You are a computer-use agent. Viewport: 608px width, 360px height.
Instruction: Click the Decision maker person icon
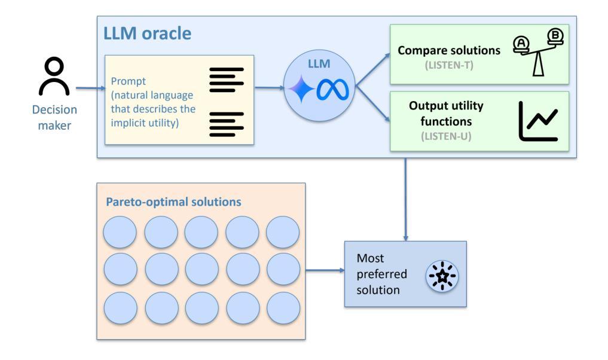(54, 76)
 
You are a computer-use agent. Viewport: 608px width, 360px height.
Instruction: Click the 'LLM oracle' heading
(147, 33)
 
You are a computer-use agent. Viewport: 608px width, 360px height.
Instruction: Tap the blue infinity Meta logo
(332, 90)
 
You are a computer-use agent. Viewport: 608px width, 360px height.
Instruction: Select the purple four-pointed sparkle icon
(301, 89)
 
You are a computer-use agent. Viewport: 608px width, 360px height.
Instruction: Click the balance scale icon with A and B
(538, 53)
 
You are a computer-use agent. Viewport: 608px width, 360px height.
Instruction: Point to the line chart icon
(538, 121)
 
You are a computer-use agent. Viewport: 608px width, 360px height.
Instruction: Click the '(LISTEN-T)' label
(449, 65)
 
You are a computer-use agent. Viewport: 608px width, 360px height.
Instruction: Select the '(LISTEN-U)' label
(446, 136)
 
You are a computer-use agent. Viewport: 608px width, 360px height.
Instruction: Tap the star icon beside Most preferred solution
(442, 276)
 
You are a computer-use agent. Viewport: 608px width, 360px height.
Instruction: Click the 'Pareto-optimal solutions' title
(173, 202)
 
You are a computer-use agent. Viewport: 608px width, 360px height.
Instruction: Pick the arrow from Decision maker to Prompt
(90, 88)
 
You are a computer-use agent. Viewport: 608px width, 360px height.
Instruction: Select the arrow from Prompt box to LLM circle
(269, 88)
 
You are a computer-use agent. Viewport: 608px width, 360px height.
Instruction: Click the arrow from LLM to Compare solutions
(372, 69)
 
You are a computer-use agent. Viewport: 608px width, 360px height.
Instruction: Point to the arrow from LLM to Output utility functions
(372, 104)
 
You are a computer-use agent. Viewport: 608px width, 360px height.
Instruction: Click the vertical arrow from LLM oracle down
(405, 199)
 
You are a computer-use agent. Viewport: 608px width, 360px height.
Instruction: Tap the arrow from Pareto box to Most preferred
(325, 270)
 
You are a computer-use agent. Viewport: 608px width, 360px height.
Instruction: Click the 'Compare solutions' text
(449, 50)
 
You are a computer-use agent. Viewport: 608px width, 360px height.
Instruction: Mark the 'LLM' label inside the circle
(319, 63)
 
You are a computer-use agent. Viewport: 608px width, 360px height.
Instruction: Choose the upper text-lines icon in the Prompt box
(227, 80)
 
